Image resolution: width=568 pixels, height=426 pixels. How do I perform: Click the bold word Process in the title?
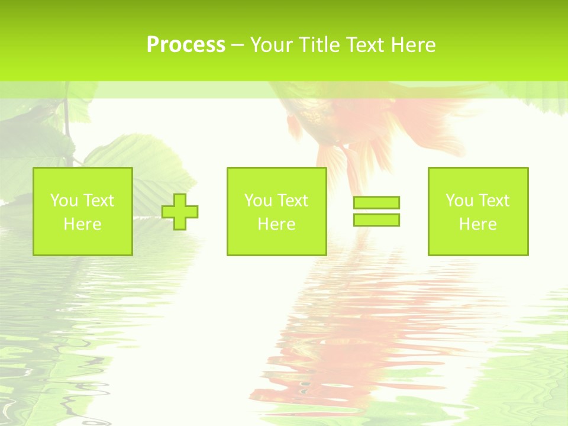tap(186, 45)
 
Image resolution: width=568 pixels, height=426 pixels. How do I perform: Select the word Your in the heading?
tap(271, 45)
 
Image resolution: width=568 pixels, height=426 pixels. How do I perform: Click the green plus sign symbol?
tap(180, 212)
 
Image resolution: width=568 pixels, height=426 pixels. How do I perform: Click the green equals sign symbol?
tap(376, 211)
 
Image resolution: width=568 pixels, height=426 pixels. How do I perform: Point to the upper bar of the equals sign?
tap(376, 203)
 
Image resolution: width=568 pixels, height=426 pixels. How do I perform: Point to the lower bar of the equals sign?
tap(376, 220)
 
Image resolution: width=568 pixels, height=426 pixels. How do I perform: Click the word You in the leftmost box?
tap(64, 201)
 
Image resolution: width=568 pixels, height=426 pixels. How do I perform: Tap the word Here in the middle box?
tap(277, 224)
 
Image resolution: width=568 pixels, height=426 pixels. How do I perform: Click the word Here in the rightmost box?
tap(478, 224)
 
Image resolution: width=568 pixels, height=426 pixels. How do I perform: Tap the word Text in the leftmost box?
tap(98, 201)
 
